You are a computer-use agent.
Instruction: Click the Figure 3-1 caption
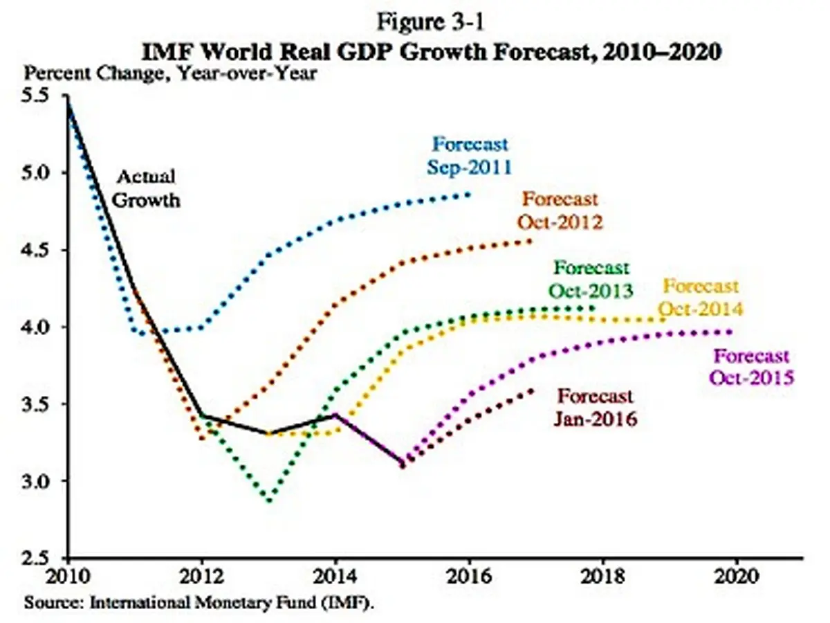pos(430,22)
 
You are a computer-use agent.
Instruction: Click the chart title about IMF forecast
pos(431,52)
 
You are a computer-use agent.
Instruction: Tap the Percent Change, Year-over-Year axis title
pos(170,73)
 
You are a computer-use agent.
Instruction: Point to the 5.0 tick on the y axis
pos(35,173)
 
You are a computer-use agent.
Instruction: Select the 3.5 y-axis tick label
pos(35,404)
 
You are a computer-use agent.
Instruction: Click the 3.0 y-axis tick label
pos(35,481)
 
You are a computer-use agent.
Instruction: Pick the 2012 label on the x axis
pos(202,576)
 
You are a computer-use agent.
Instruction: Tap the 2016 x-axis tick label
pos(470,576)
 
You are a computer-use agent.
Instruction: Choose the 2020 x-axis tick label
pos(736,576)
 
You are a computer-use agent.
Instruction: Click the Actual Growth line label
pos(146,188)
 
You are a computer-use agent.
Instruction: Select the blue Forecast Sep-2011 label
pos(470,156)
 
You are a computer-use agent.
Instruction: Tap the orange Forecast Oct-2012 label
pos(560,210)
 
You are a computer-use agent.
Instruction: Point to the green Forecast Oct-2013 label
pos(591,280)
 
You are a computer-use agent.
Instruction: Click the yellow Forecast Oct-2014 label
pos(701,298)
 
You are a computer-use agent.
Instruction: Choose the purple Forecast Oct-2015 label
pos(752,367)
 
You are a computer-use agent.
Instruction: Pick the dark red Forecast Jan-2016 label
pos(596,408)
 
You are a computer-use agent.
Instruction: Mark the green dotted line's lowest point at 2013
pos(269,500)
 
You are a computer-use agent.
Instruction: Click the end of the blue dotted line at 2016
pos(469,195)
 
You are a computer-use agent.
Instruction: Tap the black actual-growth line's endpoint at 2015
pos(403,462)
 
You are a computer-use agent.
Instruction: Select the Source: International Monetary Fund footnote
pos(199,602)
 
